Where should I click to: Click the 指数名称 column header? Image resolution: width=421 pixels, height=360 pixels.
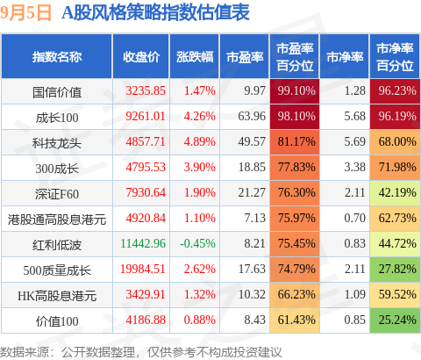(57, 57)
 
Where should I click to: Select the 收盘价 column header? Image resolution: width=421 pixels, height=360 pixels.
(141, 57)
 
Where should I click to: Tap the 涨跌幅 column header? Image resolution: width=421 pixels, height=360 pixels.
(195, 57)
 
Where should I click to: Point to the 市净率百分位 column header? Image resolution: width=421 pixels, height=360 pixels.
(395, 57)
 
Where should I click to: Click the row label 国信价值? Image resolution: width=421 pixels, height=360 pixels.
(57, 92)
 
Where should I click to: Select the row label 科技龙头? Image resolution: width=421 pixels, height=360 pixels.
(57, 143)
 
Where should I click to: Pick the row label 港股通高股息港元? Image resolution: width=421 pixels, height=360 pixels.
(57, 220)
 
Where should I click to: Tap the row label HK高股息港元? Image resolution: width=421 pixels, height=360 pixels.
(57, 296)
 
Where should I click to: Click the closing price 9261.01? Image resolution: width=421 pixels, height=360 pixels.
(146, 116)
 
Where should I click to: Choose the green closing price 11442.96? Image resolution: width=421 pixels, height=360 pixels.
(143, 243)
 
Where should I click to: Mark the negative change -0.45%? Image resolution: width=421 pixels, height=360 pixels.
(198, 243)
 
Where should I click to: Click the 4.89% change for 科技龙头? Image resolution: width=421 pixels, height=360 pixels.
(200, 141)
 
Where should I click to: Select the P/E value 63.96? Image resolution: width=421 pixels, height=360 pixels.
(252, 116)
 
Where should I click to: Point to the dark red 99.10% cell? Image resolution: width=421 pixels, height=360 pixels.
(295, 90)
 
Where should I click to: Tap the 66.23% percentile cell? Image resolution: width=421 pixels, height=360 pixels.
(295, 294)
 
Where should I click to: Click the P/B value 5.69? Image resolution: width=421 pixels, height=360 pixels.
(354, 141)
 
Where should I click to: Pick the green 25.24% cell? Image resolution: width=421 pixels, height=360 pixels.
(395, 320)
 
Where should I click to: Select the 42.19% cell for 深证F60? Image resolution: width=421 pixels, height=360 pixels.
(395, 192)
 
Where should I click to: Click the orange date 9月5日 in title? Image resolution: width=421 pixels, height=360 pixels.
(26, 13)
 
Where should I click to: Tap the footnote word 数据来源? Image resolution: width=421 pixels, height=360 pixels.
(25, 352)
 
